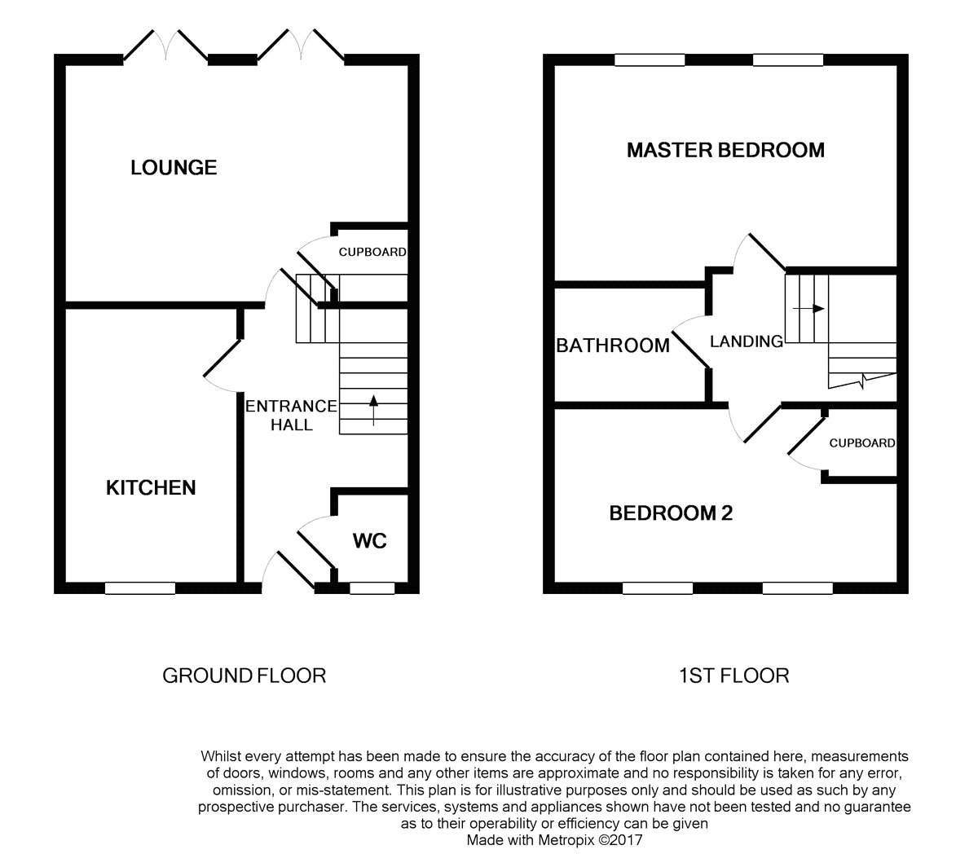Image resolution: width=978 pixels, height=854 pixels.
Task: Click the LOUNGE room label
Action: [x=174, y=168]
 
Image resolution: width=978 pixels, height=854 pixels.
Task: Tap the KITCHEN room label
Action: [x=151, y=487]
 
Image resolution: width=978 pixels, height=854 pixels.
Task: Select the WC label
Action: [x=369, y=540]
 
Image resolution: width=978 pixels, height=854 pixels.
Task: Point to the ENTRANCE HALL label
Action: [x=291, y=415]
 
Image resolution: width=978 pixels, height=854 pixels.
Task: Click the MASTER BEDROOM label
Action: [x=725, y=150]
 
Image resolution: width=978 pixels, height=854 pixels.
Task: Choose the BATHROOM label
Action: [x=613, y=346]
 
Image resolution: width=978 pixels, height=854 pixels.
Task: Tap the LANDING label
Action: [x=746, y=342]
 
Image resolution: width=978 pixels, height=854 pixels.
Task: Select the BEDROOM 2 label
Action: [x=671, y=513]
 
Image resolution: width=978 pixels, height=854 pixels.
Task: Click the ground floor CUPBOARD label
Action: [x=372, y=253]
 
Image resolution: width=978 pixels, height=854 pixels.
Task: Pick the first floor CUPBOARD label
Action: [x=861, y=443]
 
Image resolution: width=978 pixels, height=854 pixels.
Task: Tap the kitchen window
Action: [x=140, y=588]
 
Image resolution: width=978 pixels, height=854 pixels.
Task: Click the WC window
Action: [x=372, y=588]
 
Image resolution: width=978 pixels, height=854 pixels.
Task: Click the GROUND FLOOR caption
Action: [x=244, y=676]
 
